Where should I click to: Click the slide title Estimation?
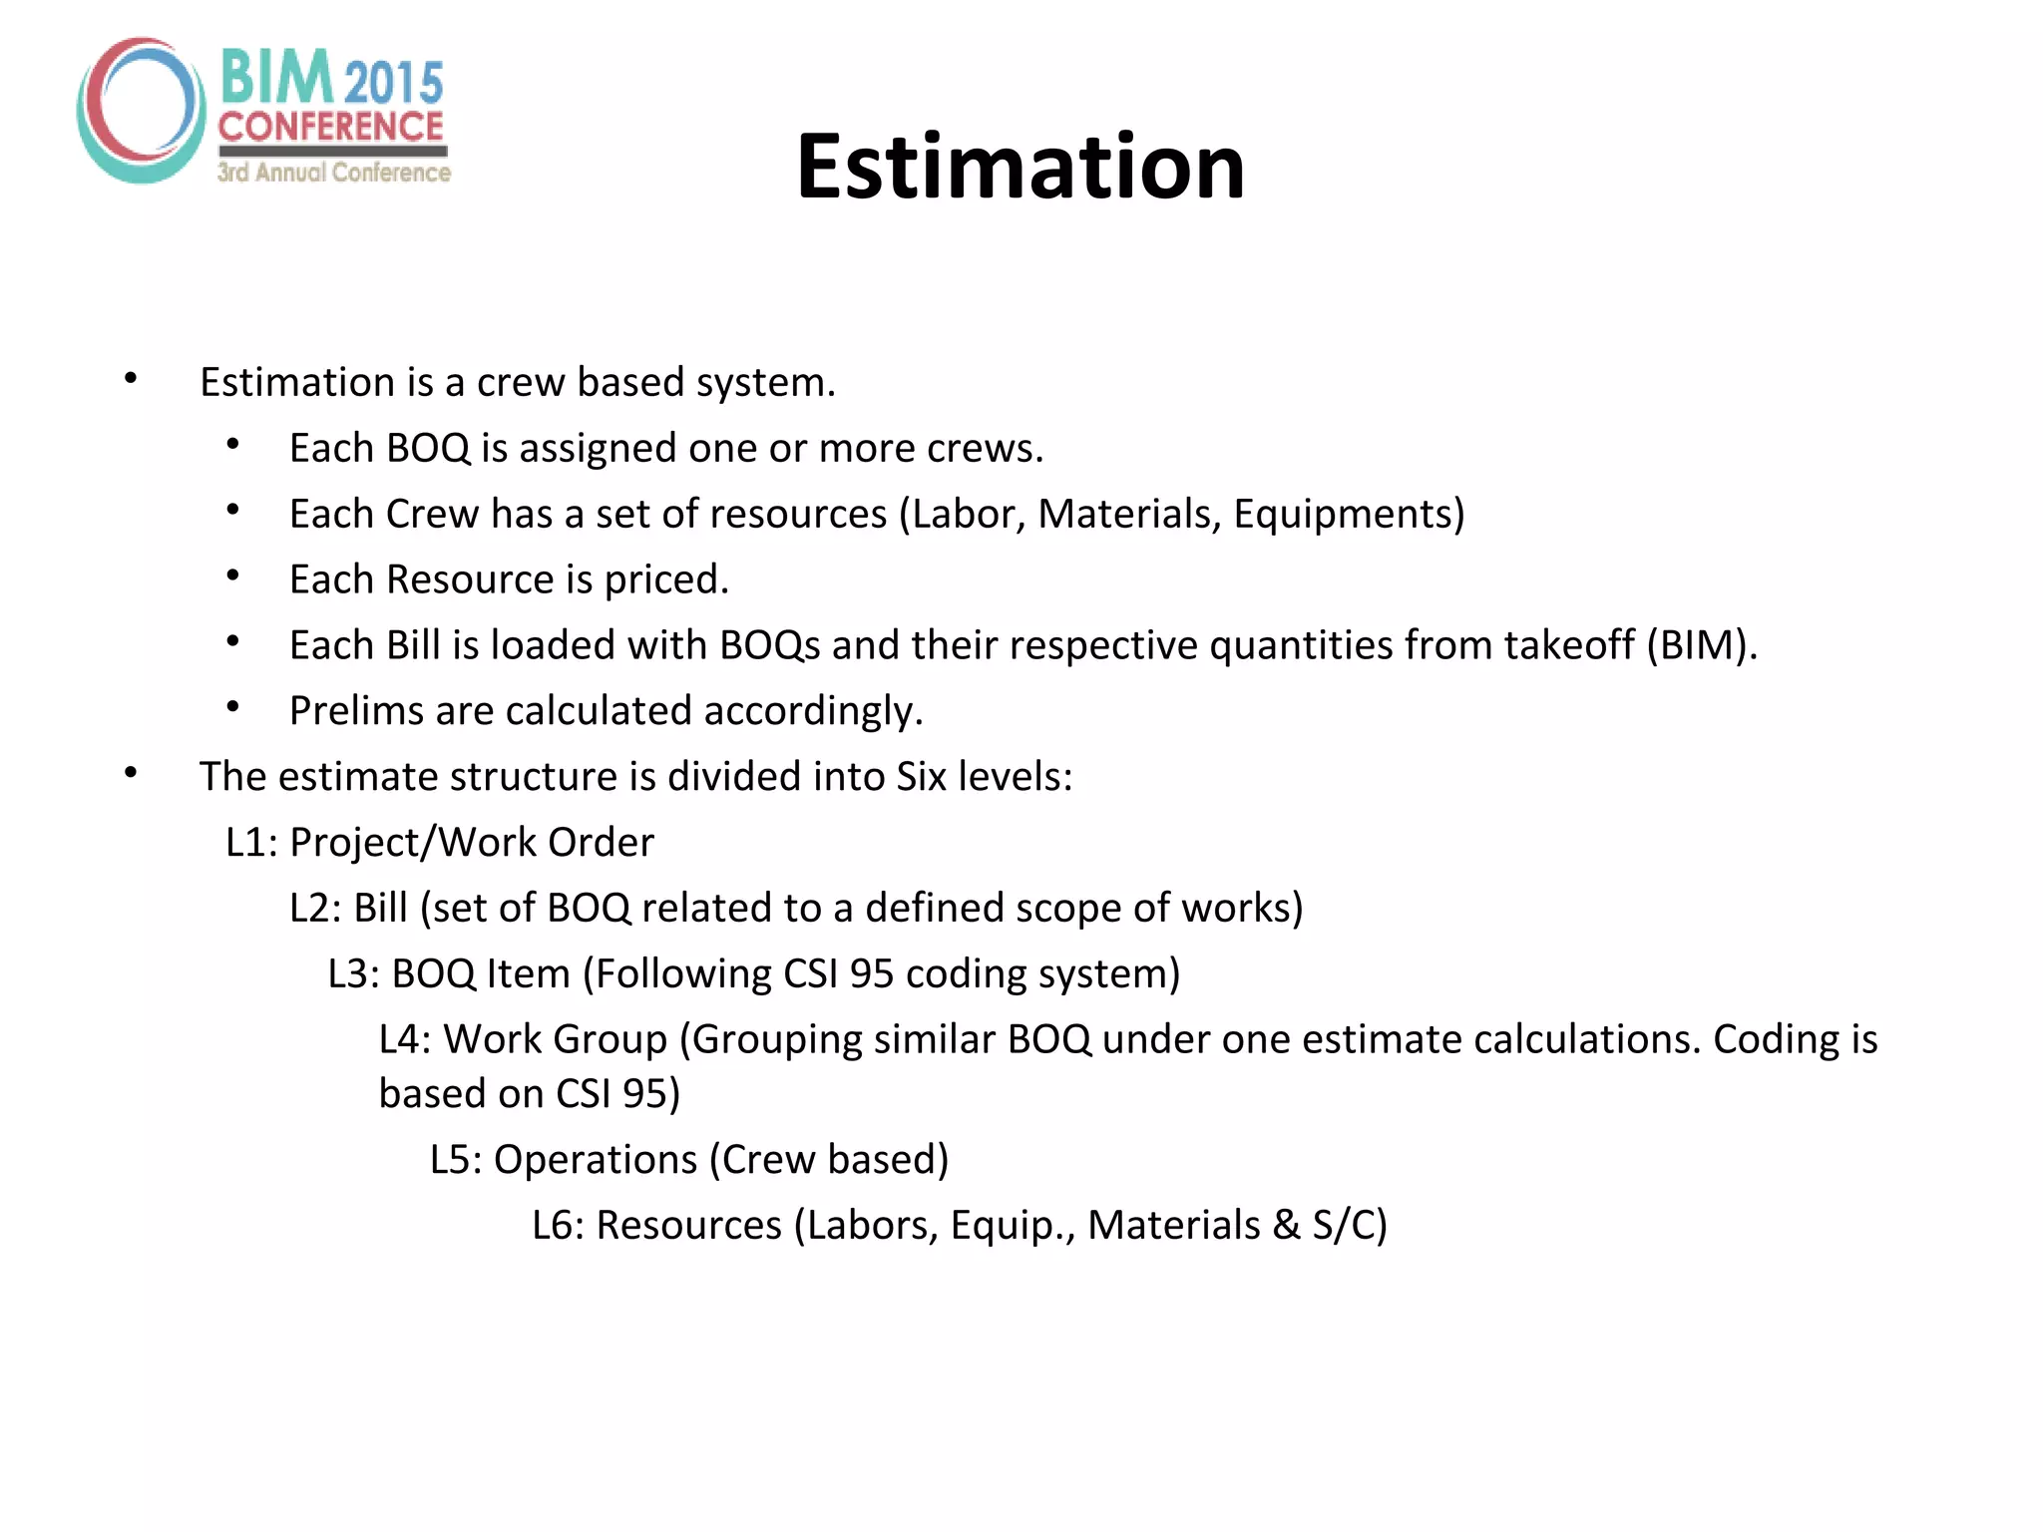[1020, 167]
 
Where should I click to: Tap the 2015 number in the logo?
[395, 82]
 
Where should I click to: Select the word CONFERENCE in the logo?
[331, 127]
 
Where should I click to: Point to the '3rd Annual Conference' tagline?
[334, 173]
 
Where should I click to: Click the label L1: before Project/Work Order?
[251, 843]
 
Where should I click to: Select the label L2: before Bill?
[315, 909]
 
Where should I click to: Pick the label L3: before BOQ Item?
[353, 974]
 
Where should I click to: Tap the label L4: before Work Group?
[404, 1040]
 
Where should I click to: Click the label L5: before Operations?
[456, 1160]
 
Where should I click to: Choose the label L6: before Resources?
[558, 1226]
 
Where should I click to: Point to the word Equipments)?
[1349, 515]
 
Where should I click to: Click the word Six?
[921, 777]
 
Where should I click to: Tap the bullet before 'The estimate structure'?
[131, 773]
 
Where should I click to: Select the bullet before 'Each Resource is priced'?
[232, 575]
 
